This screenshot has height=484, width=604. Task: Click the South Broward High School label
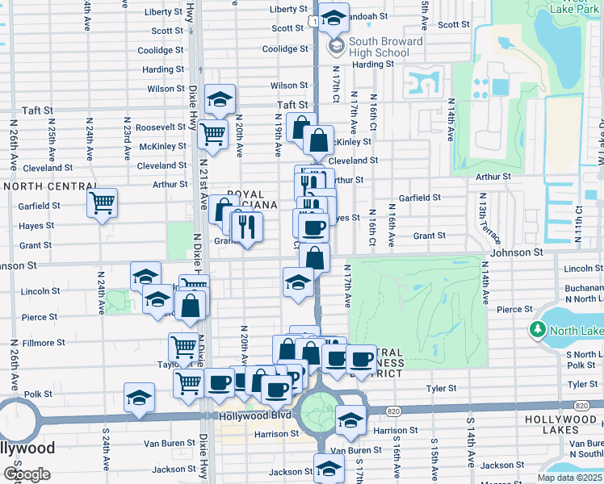pos(385,47)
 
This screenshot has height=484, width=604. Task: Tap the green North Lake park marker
pos(538,330)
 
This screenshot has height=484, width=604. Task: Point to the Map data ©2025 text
pos(569,478)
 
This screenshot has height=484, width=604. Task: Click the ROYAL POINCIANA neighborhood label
pos(252,199)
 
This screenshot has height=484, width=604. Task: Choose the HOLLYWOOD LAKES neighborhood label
pos(564,420)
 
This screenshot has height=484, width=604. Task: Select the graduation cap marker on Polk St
pos(139,398)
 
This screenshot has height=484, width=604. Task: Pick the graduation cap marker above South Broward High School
pos(333,18)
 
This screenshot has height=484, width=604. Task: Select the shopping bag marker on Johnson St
pos(314,258)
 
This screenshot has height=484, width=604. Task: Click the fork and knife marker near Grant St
pos(247,227)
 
